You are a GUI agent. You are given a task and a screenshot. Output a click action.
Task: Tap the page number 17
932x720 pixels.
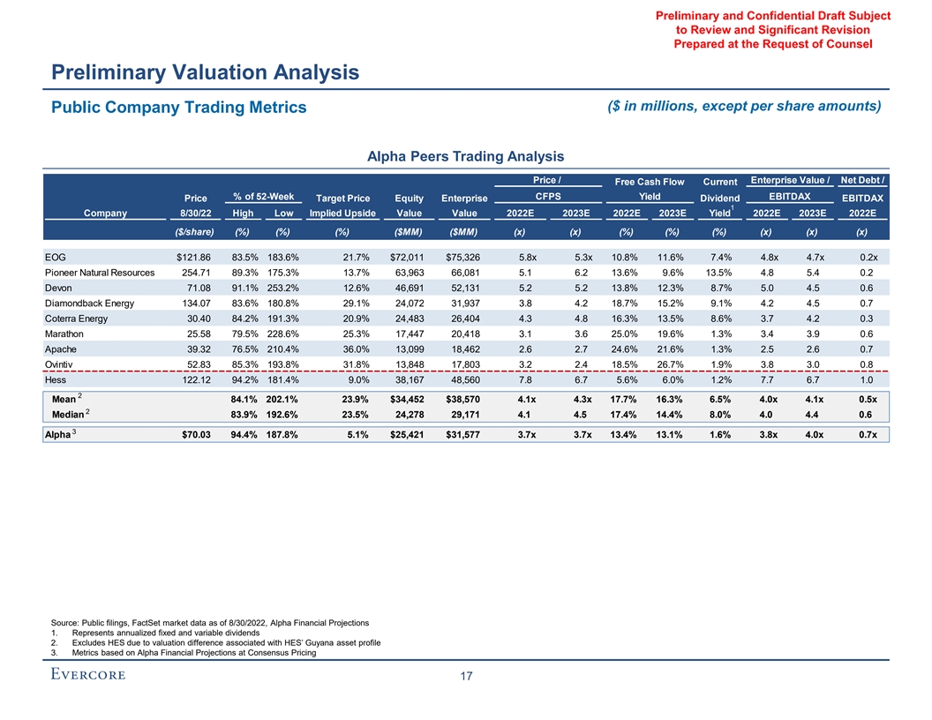(x=466, y=677)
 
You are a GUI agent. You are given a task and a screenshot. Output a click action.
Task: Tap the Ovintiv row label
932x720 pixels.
(x=61, y=364)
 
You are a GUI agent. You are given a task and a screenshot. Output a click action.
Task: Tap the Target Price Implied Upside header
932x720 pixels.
(x=342, y=206)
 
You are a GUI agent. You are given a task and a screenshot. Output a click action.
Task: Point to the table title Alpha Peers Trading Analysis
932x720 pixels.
(x=465, y=157)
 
